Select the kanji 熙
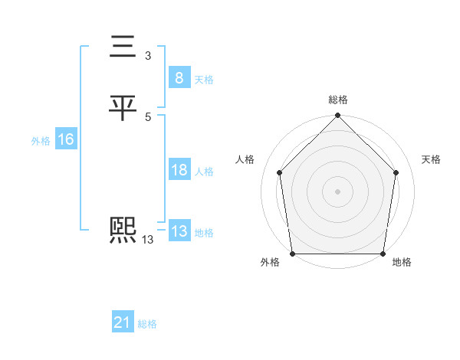[123, 231]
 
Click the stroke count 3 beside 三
[147, 56]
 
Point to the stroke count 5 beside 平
[147, 116]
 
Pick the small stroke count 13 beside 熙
[147, 240]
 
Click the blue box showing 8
[179, 77]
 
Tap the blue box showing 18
[179, 170]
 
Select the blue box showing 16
[65, 139]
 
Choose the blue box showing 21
[123, 323]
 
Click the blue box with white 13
[179, 231]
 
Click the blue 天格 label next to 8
[204, 79]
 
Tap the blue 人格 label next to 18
[204, 172]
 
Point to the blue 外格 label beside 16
[41, 141]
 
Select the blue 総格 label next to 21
[147, 324]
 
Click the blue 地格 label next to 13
[204, 233]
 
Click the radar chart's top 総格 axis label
[337, 100]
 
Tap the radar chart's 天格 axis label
[432, 159]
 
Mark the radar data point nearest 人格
[279, 172]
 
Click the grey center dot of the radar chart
[337, 191]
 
